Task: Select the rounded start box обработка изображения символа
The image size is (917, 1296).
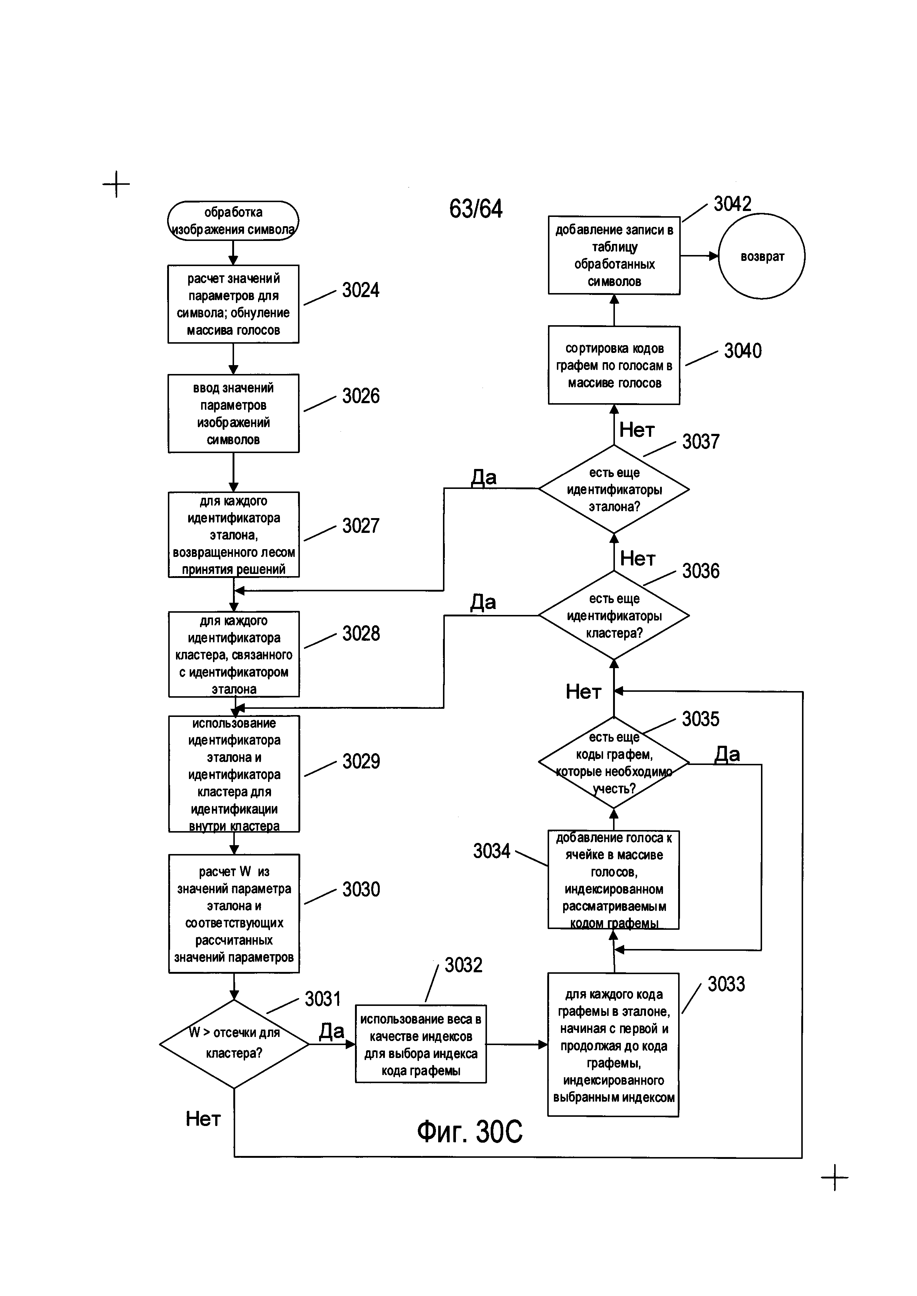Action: (x=233, y=221)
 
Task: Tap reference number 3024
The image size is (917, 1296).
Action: (x=361, y=290)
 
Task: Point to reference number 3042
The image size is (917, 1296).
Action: (x=732, y=204)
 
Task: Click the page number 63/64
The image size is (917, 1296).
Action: (x=476, y=209)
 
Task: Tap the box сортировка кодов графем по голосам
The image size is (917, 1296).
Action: (x=614, y=365)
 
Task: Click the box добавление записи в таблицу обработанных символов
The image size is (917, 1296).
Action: (x=614, y=255)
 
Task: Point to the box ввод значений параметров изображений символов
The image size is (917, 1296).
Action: (x=233, y=413)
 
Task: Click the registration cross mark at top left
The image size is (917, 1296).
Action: (x=116, y=184)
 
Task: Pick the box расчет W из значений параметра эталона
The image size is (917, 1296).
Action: (x=234, y=914)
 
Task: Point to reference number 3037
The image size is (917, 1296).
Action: (x=701, y=441)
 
